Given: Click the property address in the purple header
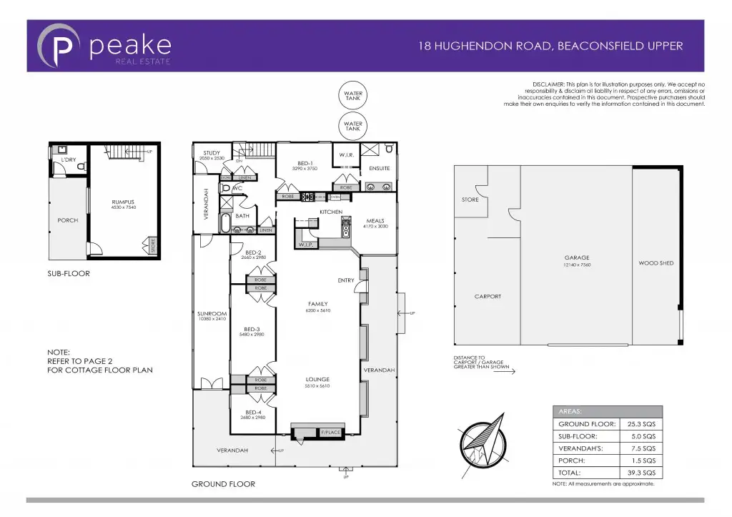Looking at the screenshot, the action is coord(550,46).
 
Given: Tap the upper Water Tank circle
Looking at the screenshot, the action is coord(353,97).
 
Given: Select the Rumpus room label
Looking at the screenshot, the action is coord(123,202).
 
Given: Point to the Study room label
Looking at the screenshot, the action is coord(212,153).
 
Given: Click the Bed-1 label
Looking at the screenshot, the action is coord(305,164).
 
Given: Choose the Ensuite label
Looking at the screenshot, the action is coord(380,169).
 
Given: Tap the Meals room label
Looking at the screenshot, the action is coord(375,221).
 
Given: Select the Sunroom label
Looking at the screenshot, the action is coord(212,314).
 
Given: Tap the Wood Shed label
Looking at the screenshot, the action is coord(656,263).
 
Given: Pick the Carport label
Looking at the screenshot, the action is coord(488,296).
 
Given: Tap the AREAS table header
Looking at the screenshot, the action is coord(570,412).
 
